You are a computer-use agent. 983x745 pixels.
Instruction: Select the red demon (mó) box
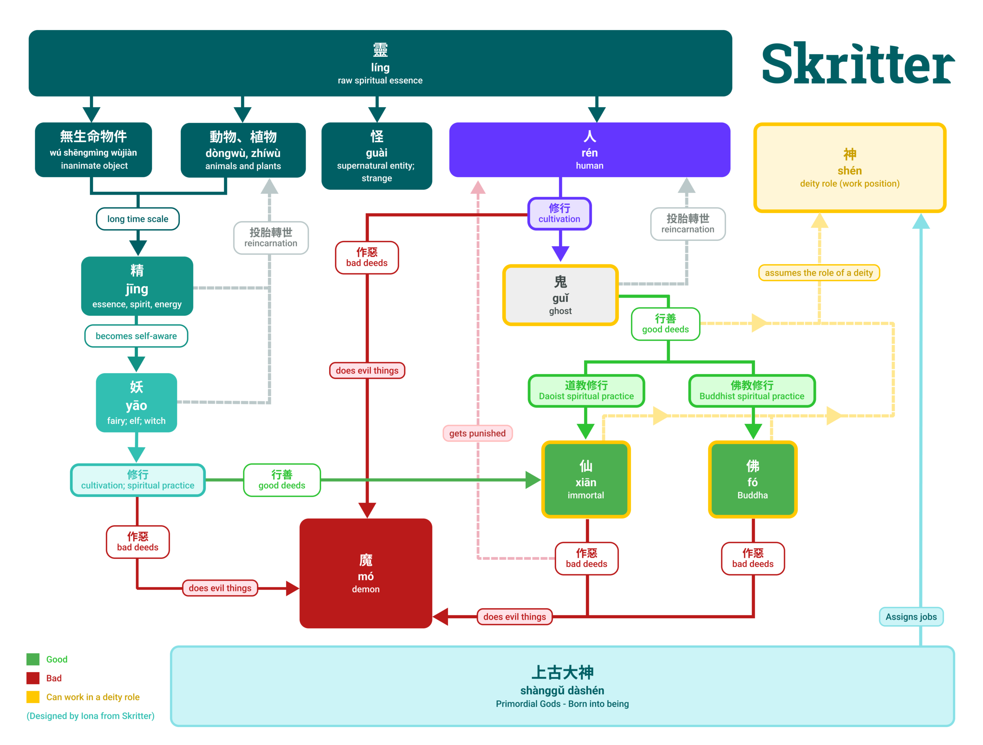click(366, 573)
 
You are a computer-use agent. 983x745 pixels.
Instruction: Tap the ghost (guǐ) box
click(560, 295)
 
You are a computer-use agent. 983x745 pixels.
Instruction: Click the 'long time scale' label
click(138, 219)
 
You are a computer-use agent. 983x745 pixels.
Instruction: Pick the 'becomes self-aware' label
click(136, 336)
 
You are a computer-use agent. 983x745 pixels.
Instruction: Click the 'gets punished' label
click(477, 434)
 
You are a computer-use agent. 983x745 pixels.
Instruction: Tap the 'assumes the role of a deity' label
click(819, 273)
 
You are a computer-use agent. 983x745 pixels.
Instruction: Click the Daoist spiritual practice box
click(586, 391)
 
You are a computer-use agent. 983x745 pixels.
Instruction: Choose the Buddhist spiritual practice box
click(751, 391)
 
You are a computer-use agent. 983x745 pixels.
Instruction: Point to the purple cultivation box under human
click(559, 214)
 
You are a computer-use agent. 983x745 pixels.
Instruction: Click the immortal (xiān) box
click(586, 480)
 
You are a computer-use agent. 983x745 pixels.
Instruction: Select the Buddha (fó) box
click(752, 480)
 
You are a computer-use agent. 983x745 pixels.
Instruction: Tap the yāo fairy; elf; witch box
click(136, 403)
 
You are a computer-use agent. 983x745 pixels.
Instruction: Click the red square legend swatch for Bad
click(33, 678)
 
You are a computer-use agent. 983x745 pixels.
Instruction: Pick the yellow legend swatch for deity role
click(33, 697)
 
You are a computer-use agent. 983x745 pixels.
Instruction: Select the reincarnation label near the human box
click(687, 223)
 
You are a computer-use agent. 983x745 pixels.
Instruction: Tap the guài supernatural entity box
click(376, 156)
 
